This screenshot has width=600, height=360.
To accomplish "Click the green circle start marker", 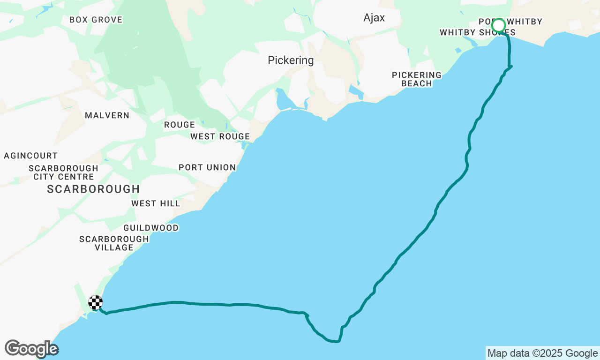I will [x=499, y=25].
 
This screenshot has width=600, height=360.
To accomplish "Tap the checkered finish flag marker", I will [x=96, y=302].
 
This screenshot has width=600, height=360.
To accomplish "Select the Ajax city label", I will [x=374, y=18].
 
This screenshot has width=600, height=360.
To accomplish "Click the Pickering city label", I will [x=291, y=60].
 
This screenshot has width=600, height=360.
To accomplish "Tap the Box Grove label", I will [x=96, y=20].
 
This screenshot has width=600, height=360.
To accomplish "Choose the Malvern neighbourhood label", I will [x=107, y=115].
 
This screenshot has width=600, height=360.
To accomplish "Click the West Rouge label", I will [x=220, y=136].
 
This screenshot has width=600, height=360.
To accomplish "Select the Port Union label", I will [x=207, y=167].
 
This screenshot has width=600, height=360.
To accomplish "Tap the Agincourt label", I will [x=30, y=156].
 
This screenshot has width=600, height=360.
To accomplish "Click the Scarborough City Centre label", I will [x=63, y=172].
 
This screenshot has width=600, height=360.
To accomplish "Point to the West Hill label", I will [x=156, y=203].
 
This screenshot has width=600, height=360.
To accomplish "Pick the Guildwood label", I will [x=151, y=228].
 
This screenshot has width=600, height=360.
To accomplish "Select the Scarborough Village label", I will [x=114, y=243].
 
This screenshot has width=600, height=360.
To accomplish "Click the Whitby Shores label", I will [x=477, y=32].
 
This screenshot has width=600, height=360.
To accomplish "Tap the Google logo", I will [x=31, y=349].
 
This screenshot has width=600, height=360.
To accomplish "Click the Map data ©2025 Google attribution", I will [x=542, y=353].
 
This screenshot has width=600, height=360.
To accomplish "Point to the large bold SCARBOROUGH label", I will [x=93, y=189].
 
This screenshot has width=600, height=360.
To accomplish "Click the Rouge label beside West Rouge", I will [x=179, y=125].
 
